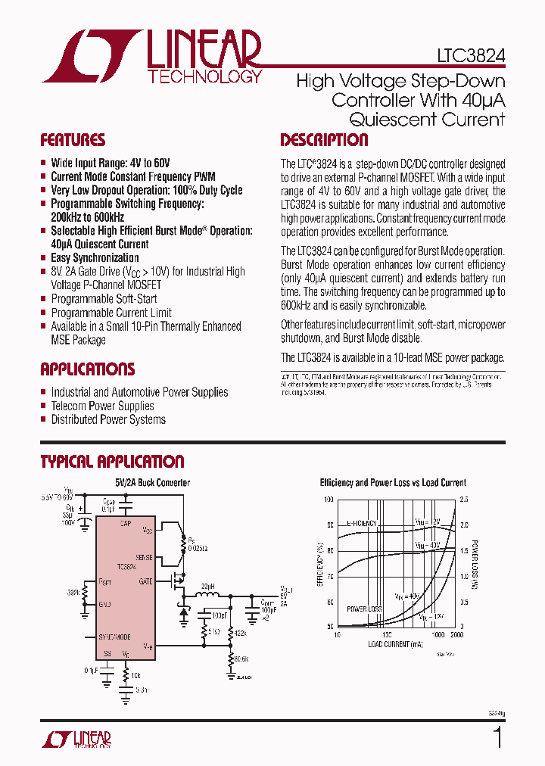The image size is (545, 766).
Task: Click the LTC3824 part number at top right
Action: pos(470,56)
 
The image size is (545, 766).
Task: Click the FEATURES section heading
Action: pos(73,140)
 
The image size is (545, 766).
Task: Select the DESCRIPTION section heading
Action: pos(324,140)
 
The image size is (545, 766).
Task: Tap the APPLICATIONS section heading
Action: pos(87,369)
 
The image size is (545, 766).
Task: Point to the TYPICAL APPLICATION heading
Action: pos(112,462)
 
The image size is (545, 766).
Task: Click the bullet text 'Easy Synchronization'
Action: pos(95,258)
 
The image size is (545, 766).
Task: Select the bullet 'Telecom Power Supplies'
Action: pos(102,406)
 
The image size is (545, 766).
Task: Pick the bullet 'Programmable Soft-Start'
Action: pos(104,299)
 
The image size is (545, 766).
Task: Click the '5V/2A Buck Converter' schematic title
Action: pos(152,482)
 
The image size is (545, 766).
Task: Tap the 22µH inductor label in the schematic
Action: pos(207,587)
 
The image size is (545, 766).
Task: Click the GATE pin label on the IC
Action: pos(146,581)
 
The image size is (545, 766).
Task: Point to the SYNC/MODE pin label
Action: pos(116,637)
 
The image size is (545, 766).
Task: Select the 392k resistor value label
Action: pos(74,593)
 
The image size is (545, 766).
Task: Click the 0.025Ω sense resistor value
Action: pos(198,547)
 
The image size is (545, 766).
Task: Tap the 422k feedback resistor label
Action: pos(240,633)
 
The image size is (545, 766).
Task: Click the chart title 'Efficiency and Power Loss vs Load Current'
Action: pos(393,482)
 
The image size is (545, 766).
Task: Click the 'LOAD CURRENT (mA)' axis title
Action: pos(396,645)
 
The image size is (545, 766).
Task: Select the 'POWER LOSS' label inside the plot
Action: pos(364,609)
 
